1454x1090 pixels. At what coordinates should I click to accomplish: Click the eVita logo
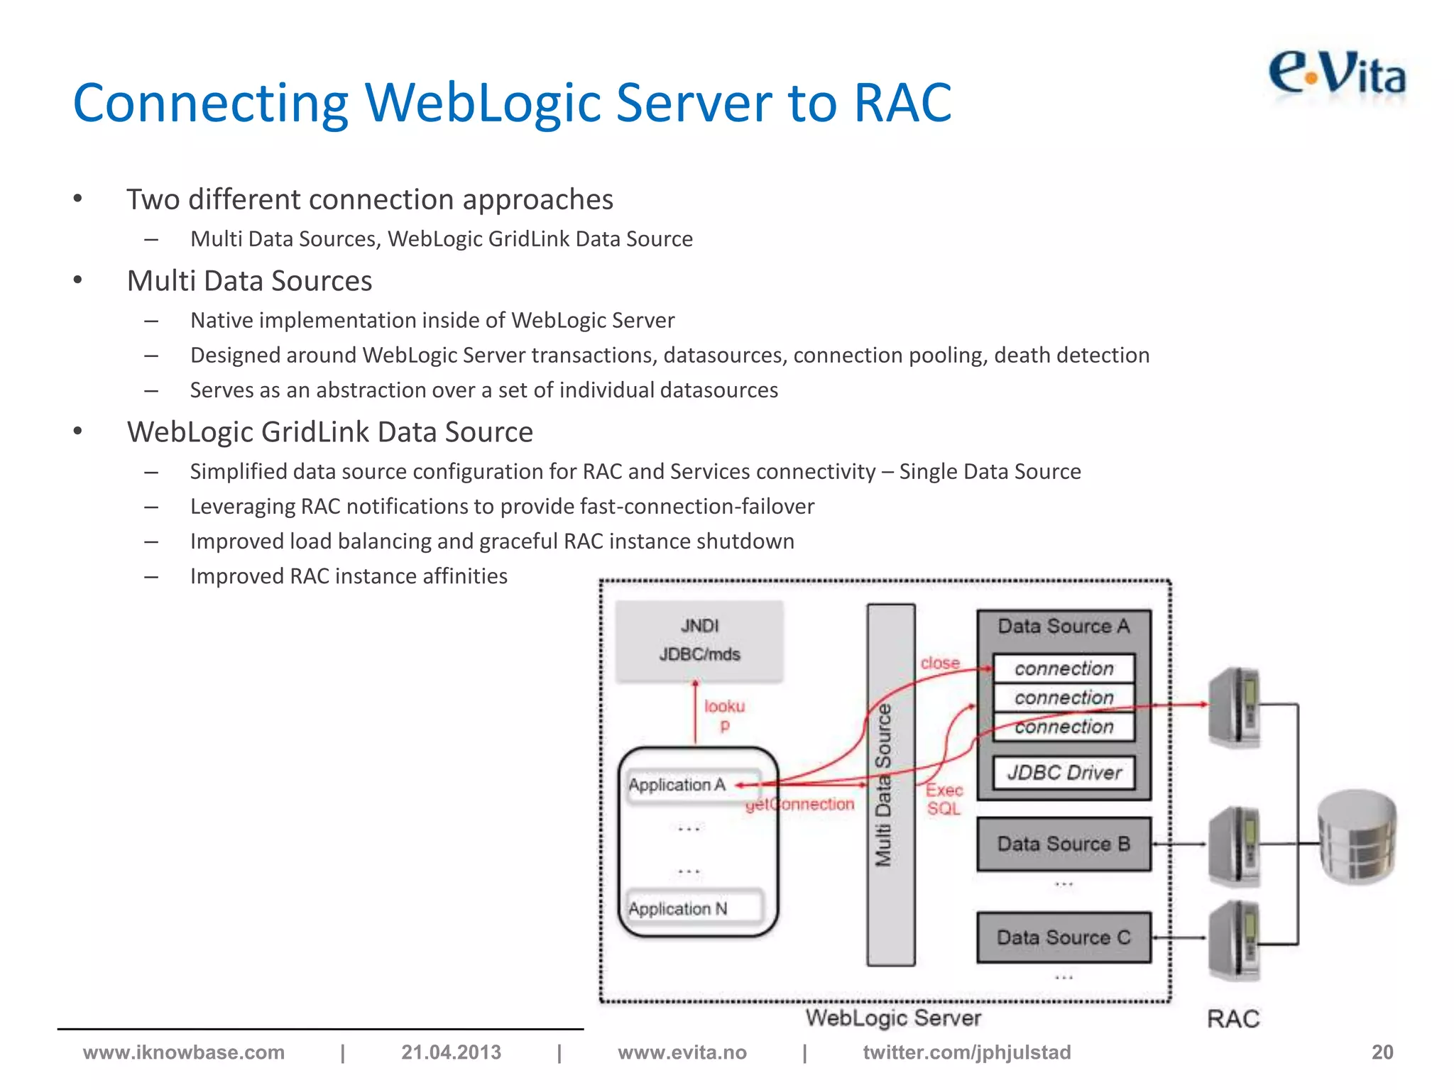(1338, 74)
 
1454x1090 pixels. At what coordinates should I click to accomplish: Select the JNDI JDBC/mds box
(699, 640)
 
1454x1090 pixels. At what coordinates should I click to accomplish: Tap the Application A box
(677, 785)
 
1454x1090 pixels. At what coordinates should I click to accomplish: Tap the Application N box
(678, 908)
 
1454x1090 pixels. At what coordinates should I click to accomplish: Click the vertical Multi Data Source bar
(890, 784)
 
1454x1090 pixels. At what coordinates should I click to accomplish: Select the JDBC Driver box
(1064, 772)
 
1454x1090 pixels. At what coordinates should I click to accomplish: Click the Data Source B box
(1064, 844)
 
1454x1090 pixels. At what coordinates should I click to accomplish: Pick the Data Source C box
(1064, 937)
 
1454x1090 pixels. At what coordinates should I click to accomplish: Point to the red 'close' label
(940, 663)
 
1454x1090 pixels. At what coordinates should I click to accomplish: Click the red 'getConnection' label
(800, 805)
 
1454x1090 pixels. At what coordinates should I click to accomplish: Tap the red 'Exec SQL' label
(944, 799)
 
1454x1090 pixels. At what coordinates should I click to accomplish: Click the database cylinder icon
(1357, 837)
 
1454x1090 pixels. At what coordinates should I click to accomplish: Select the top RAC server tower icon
(1235, 707)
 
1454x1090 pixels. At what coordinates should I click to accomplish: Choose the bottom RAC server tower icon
(1235, 940)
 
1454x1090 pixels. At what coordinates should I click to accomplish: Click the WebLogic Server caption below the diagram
(893, 1018)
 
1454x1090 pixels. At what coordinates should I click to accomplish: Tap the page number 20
(1382, 1052)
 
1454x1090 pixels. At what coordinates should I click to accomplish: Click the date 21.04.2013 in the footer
(451, 1052)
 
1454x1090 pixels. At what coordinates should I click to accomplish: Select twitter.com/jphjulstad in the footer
(966, 1052)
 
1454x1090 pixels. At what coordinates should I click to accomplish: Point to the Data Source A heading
(1064, 626)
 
